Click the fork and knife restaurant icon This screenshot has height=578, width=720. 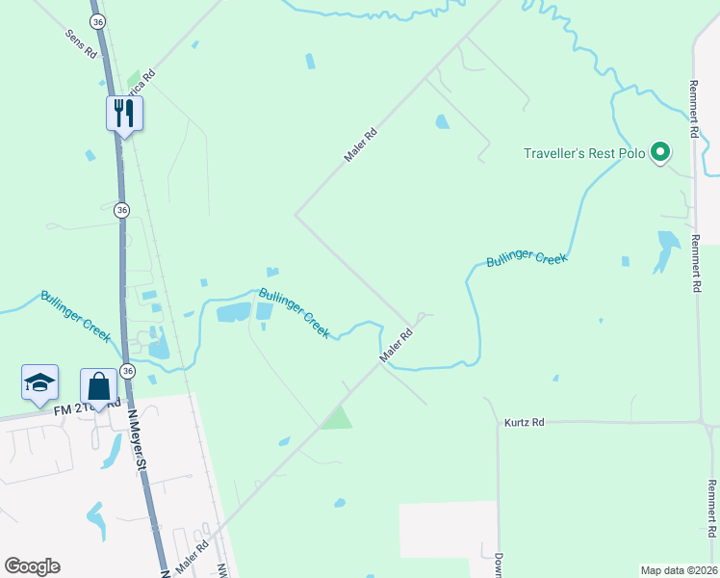(x=124, y=113)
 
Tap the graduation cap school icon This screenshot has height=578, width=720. (x=39, y=382)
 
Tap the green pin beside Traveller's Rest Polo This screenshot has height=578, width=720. (x=659, y=152)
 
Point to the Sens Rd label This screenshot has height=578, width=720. (x=81, y=44)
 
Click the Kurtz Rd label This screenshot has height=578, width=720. (x=524, y=422)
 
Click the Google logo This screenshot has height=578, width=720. (x=32, y=566)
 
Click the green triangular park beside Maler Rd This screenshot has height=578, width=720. (x=336, y=419)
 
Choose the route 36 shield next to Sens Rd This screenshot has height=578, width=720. (x=95, y=21)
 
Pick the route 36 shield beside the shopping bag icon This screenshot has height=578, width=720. (x=129, y=371)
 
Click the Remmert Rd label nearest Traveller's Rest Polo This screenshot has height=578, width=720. (x=693, y=108)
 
